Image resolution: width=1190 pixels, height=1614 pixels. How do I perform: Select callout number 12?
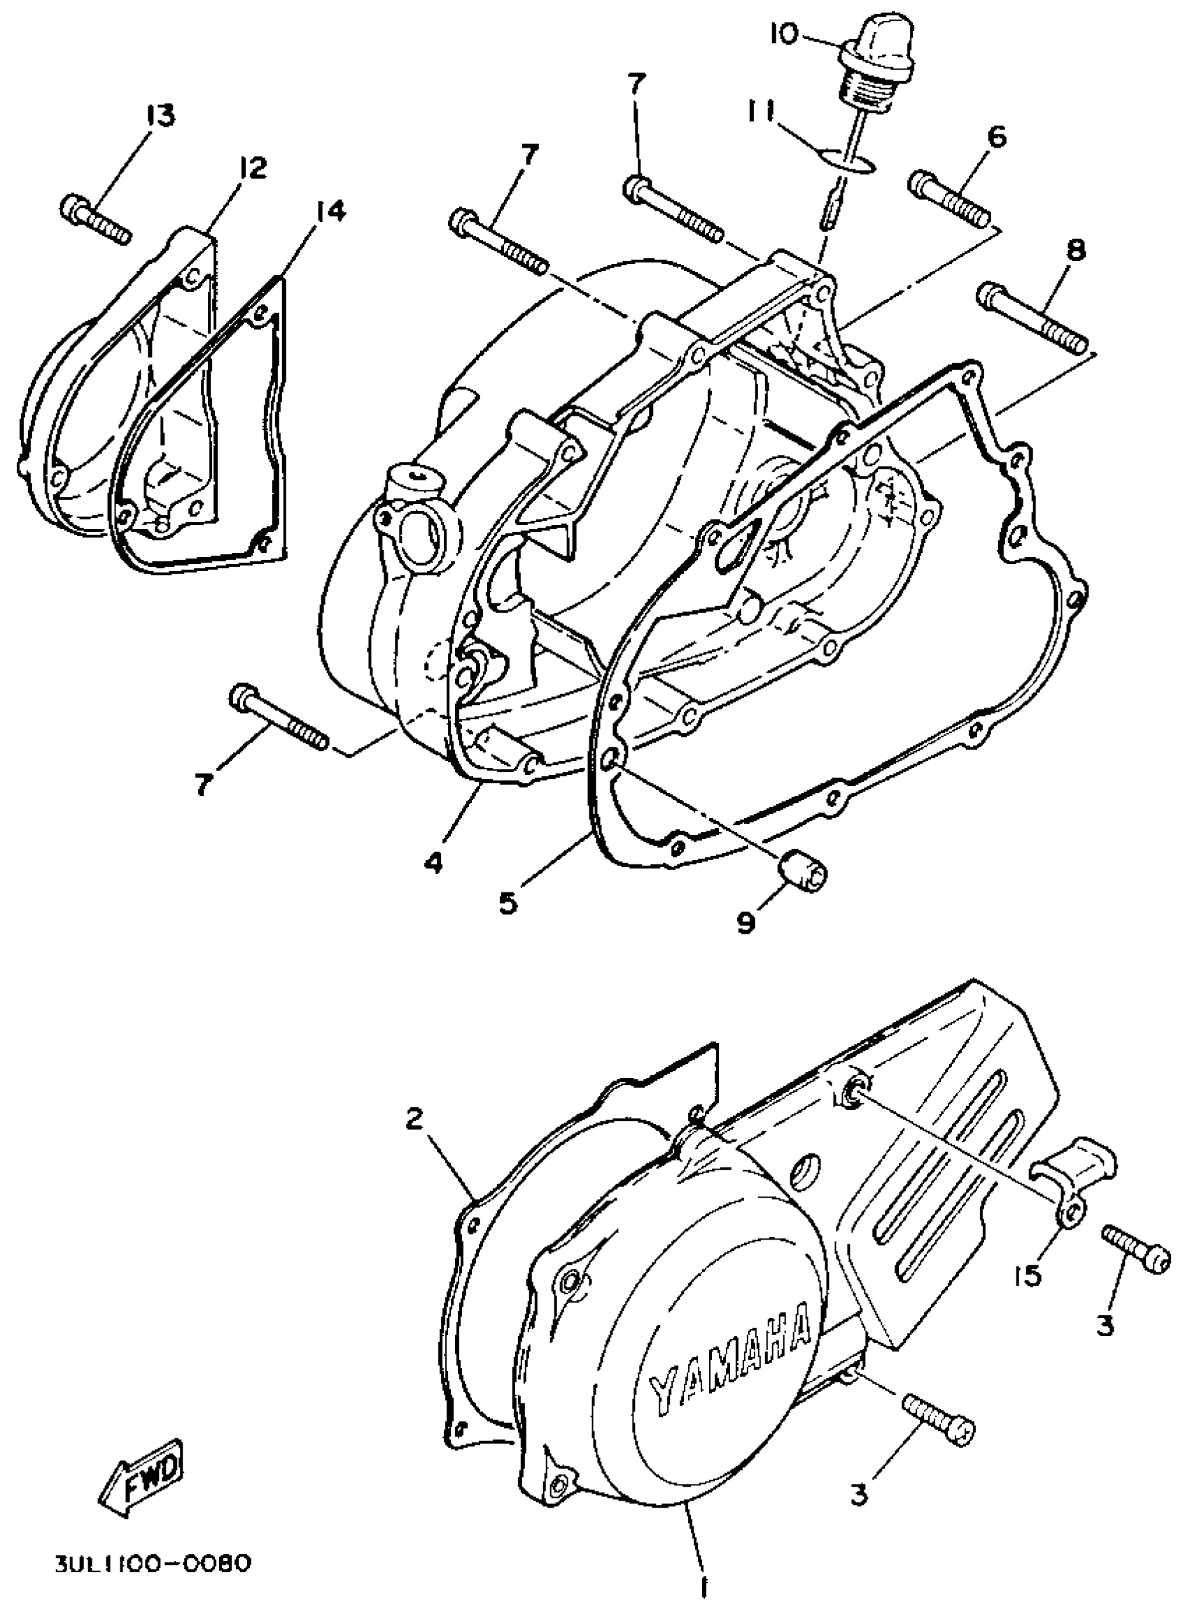coord(250,169)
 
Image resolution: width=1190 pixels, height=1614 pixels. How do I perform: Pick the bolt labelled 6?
coord(951,195)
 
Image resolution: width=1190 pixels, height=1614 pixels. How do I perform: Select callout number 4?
coord(432,862)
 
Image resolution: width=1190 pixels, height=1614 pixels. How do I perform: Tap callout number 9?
coord(745,921)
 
